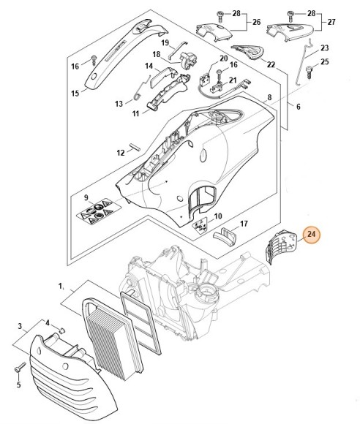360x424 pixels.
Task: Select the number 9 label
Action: coord(86,197)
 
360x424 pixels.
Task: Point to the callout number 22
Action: coord(271,65)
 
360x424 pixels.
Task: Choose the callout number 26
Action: coord(256,22)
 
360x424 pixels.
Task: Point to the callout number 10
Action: coord(217,216)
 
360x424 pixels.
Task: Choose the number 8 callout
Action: coord(269,97)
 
